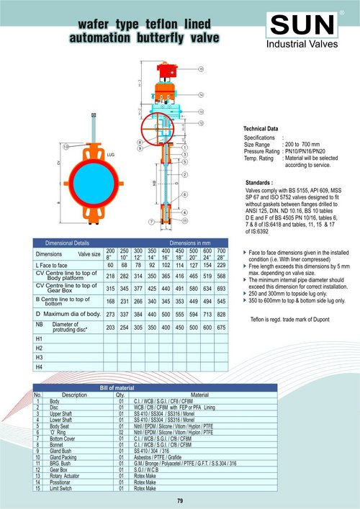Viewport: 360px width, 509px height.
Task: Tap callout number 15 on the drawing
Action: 201,68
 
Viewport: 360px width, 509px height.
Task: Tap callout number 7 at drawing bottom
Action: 150,222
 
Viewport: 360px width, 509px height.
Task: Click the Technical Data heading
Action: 262,128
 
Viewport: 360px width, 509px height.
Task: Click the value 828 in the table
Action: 221,315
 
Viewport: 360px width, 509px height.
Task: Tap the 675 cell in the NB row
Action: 221,328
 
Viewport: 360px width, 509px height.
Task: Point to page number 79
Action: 180,500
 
